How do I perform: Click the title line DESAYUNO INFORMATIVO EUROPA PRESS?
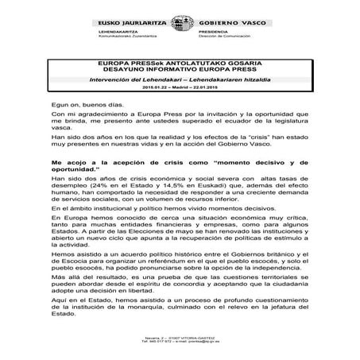pos(179,67)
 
